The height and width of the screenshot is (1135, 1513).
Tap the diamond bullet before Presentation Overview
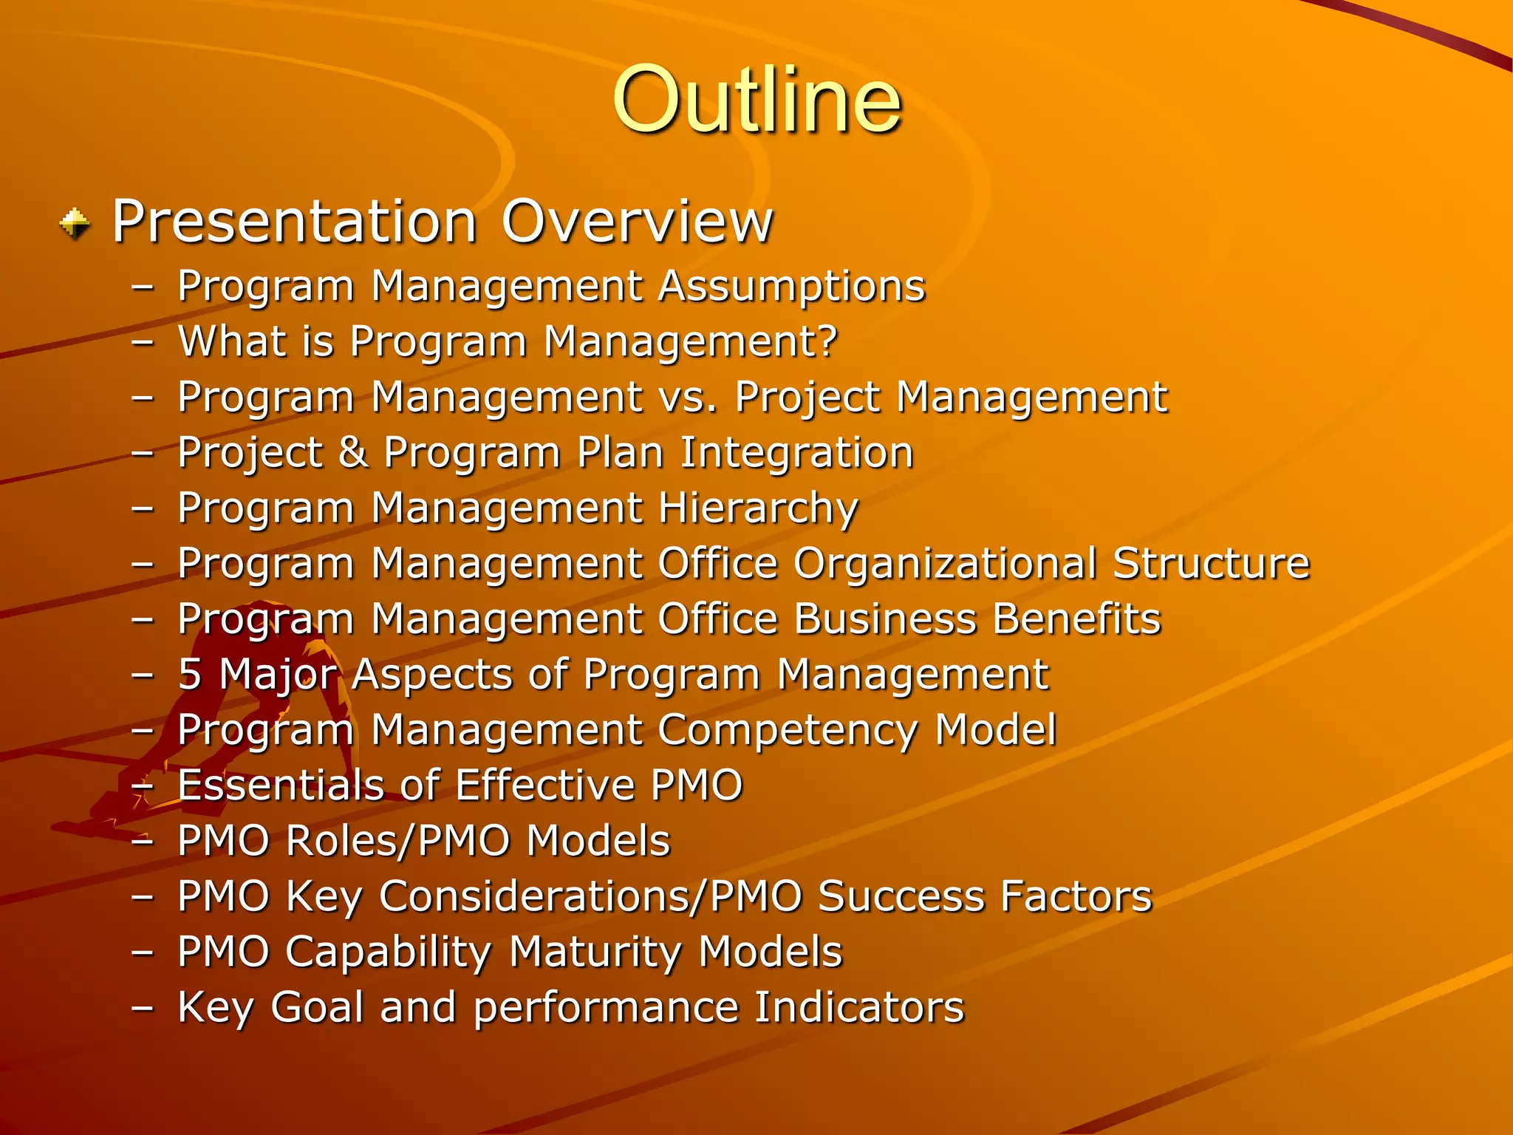75,224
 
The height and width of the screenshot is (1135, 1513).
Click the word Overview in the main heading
637,221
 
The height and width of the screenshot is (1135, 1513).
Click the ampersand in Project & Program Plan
353,452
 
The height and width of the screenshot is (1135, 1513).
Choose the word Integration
796,452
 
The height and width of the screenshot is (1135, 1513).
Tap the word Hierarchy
757,509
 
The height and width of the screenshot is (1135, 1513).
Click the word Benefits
1076,618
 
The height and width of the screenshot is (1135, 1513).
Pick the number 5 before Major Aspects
190,674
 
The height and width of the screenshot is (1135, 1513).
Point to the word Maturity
595,952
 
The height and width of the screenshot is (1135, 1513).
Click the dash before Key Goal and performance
142,1008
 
